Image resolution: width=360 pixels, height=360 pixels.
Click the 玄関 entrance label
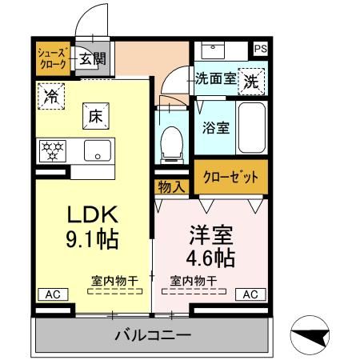[93, 58]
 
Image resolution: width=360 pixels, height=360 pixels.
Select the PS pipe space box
[260, 49]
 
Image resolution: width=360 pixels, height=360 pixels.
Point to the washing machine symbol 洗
[251, 81]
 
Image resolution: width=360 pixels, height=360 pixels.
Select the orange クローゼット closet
[230, 177]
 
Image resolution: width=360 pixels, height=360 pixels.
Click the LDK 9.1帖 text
[91, 226]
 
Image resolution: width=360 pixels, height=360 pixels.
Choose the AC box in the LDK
[52, 294]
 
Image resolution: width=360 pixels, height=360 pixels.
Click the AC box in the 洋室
[250, 294]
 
